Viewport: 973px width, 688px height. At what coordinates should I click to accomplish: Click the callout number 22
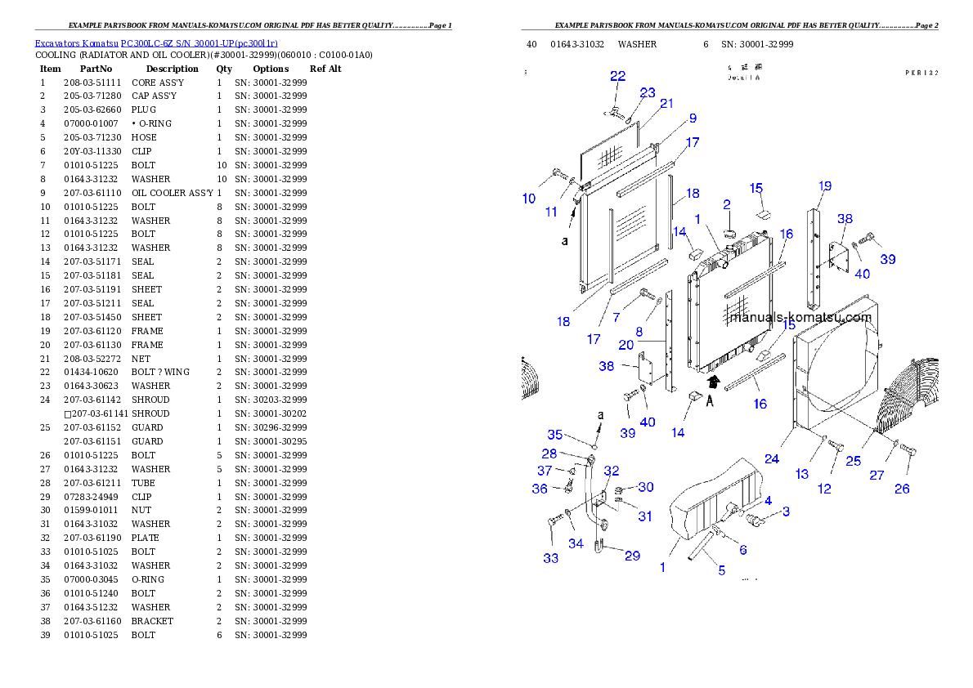[617, 76]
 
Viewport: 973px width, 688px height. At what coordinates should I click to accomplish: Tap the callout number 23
[648, 93]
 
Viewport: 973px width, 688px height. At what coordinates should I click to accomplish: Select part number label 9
[693, 118]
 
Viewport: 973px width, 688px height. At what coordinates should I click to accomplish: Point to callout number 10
[529, 199]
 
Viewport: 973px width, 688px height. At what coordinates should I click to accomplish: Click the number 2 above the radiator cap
[726, 203]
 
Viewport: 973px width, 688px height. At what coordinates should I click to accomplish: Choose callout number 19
[824, 186]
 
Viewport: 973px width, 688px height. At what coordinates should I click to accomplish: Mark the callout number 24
[772, 459]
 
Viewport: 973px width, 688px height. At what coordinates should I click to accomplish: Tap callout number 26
[902, 489]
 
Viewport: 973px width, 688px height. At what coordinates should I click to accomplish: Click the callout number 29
[632, 556]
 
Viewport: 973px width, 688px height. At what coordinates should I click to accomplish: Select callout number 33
[550, 558]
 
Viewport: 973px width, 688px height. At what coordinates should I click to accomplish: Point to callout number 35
[555, 435]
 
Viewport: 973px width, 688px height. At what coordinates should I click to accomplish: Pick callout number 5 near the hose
[721, 570]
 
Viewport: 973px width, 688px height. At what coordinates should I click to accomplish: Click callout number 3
[786, 512]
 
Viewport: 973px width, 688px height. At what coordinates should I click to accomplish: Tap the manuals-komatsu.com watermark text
[800, 318]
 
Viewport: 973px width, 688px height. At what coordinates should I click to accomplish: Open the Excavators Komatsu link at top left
[156, 42]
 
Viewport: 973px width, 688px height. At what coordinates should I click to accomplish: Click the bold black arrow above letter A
[714, 381]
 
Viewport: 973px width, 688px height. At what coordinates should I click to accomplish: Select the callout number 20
[625, 345]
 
